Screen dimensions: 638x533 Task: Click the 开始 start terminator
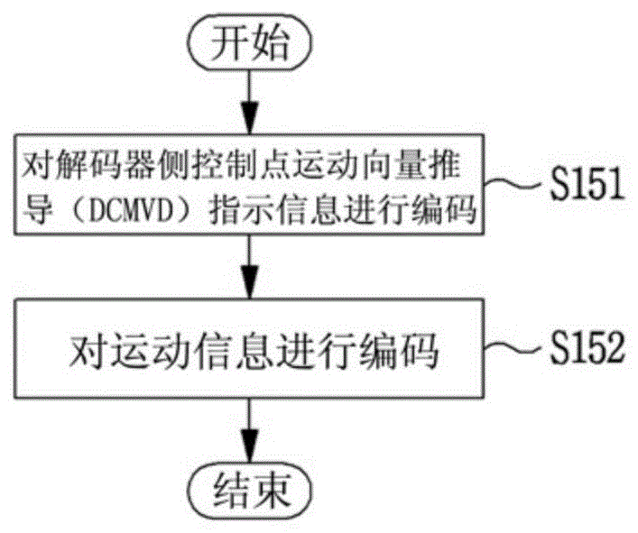[x=250, y=42]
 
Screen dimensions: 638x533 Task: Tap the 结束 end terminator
[x=250, y=491]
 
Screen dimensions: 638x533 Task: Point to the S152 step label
[x=587, y=347]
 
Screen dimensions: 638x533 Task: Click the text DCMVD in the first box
[x=129, y=210]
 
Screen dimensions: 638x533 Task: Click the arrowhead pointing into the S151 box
[x=250, y=118]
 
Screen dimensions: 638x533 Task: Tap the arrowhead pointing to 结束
[x=250, y=446]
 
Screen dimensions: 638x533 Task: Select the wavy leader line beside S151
[x=515, y=184]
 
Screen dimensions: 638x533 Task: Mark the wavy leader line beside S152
[x=515, y=348]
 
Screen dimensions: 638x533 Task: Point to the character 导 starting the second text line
[x=37, y=210]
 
